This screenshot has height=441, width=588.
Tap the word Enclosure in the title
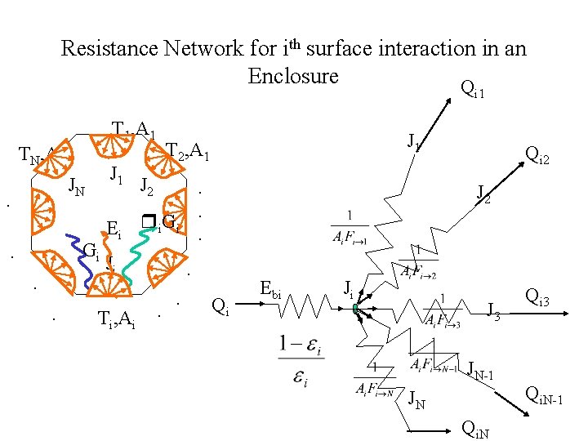(x=293, y=77)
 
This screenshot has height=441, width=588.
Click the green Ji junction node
(x=357, y=308)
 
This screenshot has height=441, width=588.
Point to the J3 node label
(x=493, y=310)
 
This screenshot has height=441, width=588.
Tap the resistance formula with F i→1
(x=350, y=229)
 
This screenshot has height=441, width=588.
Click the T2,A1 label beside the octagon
(x=188, y=153)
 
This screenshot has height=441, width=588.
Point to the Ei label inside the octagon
(x=114, y=230)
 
